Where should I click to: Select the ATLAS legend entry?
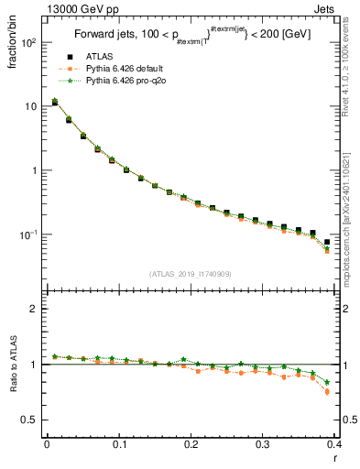point(106,58)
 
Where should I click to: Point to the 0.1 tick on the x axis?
point(119,444)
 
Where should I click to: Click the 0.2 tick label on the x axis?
point(191,444)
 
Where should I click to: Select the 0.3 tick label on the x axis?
point(263,444)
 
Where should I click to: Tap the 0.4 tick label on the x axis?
point(334,444)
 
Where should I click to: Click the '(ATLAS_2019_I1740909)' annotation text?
point(190,274)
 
